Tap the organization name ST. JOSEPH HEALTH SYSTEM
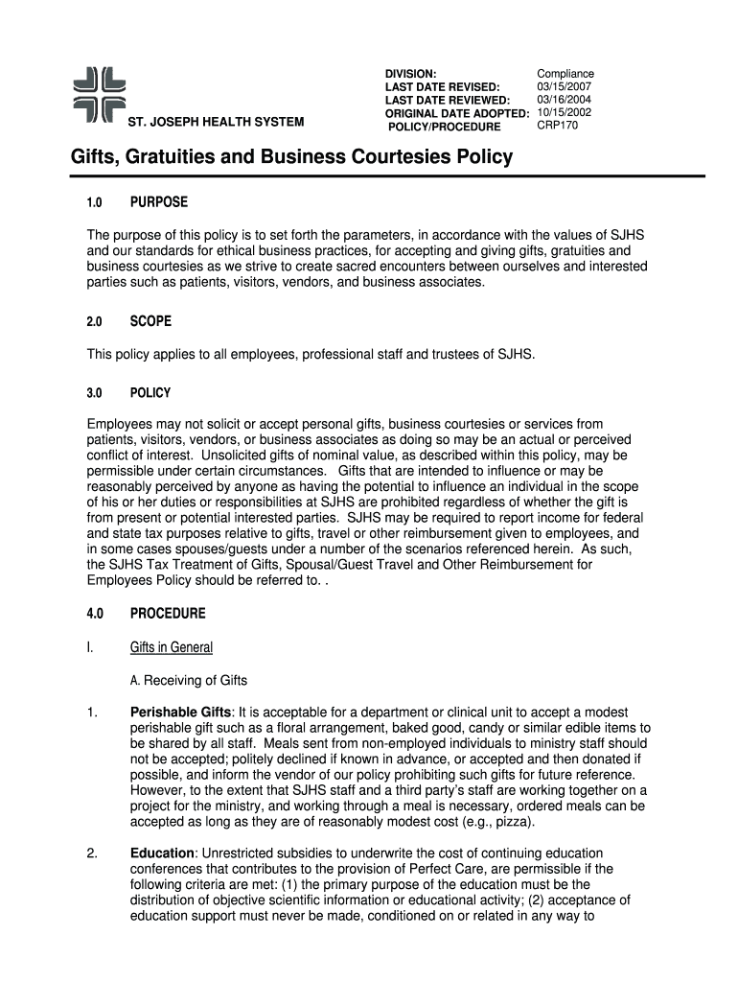click(217, 122)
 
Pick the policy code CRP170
click(558, 126)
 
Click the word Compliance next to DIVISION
click(565, 74)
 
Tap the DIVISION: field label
click(411, 74)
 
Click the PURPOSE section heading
click(159, 202)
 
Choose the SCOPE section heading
click(150, 321)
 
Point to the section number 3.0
click(96, 393)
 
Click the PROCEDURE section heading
click(168, 613)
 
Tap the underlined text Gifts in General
click(172, 647)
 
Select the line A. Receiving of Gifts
click(189, 681)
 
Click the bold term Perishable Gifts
click(180, 713)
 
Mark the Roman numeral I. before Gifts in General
click(89, 647)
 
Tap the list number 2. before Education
click(92, 853)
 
